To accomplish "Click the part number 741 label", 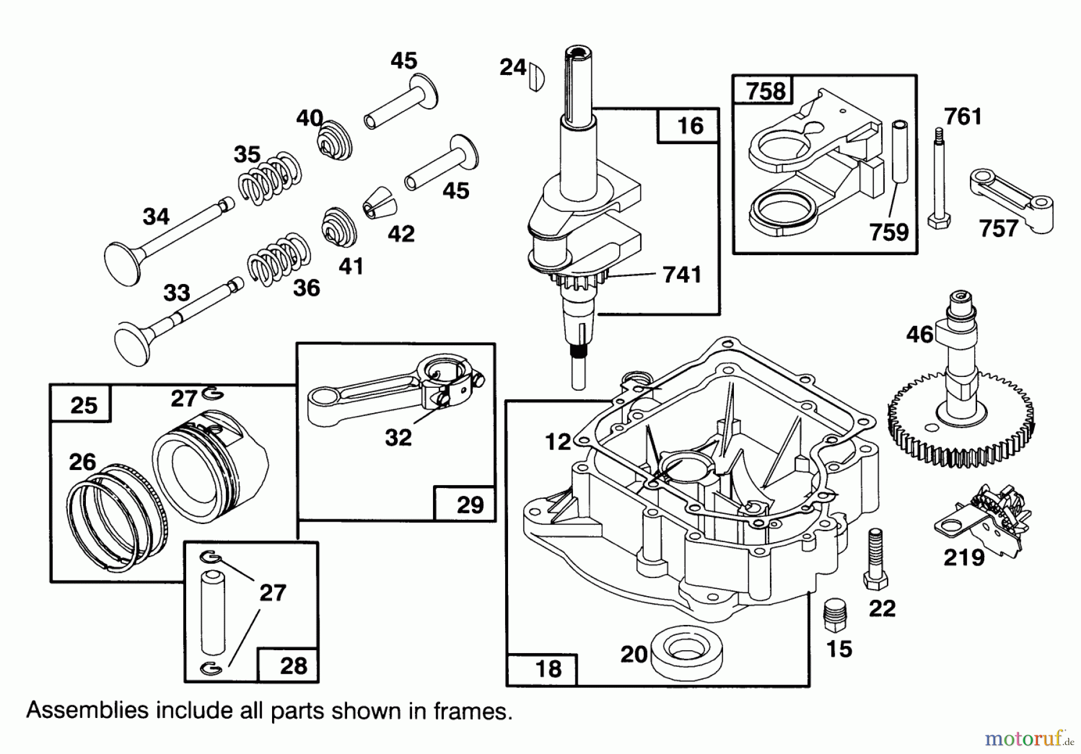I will (x=682, y=275).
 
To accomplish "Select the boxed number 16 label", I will (x=689, y=126).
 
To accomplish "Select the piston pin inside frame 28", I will (x=213, y=612).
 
